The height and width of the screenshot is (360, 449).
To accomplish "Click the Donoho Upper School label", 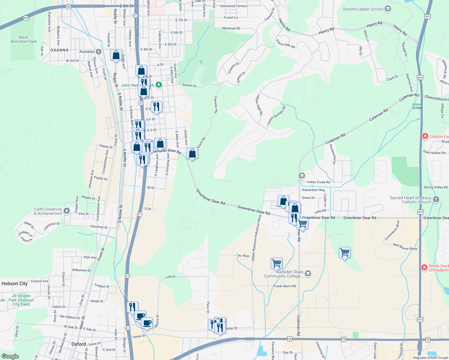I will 363,9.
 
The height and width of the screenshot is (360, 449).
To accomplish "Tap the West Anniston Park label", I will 23,40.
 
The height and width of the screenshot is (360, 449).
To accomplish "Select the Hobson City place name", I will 14,283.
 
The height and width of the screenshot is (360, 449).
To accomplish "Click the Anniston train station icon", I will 98,52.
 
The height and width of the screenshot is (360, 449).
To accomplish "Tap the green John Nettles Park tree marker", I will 159,85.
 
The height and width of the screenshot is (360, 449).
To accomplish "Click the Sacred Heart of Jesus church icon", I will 436,199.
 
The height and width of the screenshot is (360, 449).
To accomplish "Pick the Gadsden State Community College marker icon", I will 308,273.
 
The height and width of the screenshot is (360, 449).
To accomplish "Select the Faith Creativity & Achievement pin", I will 67,211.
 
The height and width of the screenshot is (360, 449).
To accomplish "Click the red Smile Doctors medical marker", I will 424,267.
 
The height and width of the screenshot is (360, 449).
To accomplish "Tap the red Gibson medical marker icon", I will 425,136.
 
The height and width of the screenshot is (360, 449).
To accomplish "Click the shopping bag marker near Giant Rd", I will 192,153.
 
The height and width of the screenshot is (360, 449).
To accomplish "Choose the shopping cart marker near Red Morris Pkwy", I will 345,253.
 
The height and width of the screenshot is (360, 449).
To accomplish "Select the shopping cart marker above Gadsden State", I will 276,263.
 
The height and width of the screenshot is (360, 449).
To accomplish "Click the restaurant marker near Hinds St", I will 132,307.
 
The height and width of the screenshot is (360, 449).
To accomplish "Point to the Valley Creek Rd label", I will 318,182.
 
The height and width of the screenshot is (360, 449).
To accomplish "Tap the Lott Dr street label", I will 170,277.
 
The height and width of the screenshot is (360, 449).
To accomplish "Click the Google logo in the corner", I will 10,356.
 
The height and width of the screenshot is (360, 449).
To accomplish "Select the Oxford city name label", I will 79,344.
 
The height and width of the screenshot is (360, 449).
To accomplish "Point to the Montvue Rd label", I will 231,28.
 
